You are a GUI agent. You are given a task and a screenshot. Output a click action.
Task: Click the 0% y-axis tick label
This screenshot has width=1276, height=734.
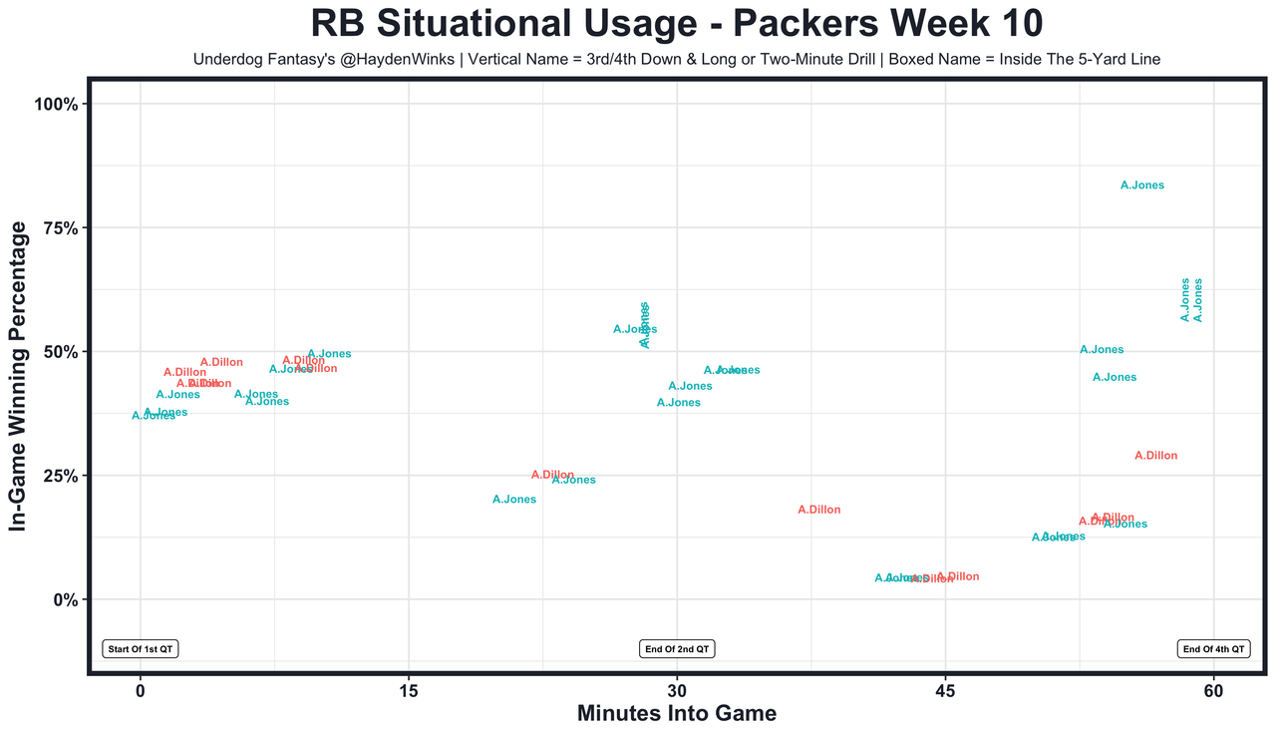(x=64, y=599)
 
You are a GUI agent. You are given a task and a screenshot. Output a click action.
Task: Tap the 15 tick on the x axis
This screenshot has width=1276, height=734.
(x=409, y=691)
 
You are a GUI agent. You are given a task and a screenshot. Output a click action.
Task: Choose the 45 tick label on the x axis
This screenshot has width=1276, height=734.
(x=945, y=691)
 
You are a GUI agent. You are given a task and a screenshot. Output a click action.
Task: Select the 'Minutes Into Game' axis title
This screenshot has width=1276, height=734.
(x=677, y=714)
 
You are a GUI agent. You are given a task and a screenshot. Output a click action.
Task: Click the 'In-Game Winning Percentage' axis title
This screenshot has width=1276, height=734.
(x=18, y=377)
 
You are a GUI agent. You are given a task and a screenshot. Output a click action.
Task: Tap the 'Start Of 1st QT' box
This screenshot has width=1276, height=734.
(x=141, y=649)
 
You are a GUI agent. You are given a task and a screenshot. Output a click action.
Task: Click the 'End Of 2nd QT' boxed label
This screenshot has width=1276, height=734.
(x=677, y=649)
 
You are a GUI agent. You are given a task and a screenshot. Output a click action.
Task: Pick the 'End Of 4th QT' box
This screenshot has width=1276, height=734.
(x=1213, y=649)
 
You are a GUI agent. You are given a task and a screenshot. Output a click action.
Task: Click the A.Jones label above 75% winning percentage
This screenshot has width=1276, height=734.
(x=1142, y=185)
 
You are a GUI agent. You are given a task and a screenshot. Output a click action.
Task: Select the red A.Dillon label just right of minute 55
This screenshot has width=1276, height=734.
(x=1156, y=456)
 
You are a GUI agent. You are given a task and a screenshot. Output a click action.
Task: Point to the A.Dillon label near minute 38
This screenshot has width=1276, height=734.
(x=819, y=510)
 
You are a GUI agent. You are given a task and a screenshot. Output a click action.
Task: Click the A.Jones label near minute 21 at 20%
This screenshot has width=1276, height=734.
(x=514, y=500)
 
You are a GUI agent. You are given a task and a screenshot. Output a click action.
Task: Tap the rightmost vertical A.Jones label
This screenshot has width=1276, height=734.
(x=1198, y=299)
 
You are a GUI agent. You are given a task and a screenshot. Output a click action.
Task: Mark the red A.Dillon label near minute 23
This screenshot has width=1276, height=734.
(x=552, y=475)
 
